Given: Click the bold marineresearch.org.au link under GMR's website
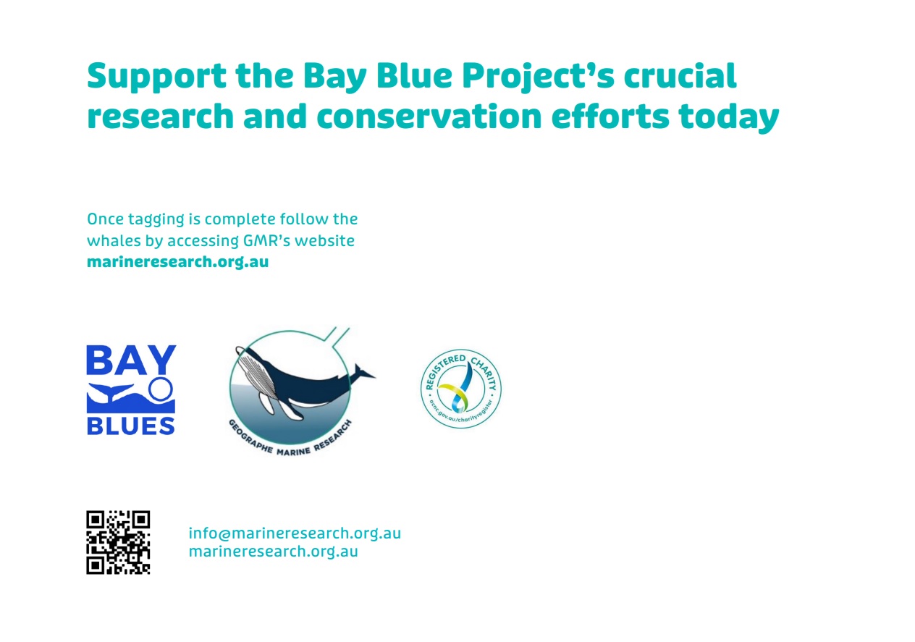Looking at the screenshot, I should pos(177,262).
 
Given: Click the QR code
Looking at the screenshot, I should pos(118,542).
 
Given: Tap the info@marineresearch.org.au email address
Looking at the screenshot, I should pos(295,533).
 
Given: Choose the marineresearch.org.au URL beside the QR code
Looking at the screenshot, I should pos(273,552).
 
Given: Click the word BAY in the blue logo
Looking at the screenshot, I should pos(131,360).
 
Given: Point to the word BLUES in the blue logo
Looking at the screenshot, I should pos(131,425).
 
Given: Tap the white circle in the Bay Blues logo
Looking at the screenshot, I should pos(161,390).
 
